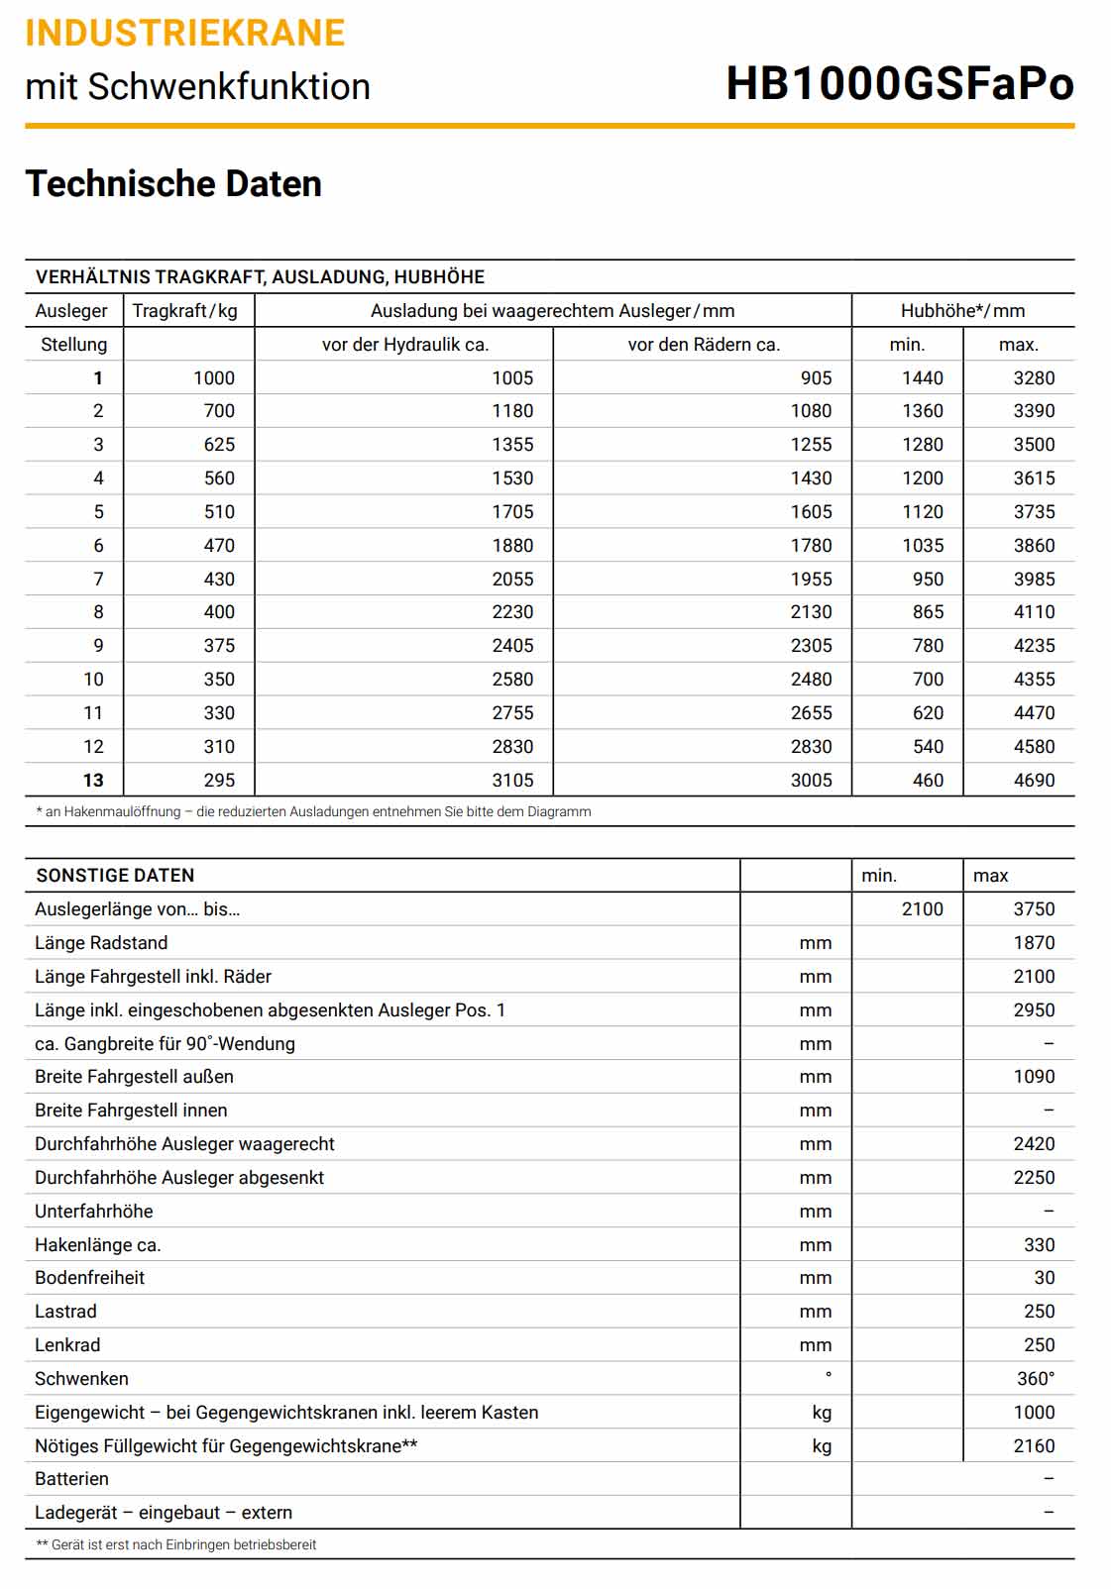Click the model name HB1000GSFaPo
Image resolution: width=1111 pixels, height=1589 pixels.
click(x=899, y=83)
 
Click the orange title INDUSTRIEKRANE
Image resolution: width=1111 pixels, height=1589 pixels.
click(x=185, y=33)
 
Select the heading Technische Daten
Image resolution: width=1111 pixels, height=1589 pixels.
click(x=173, y=184)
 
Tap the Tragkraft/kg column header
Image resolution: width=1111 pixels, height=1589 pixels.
click(x=185, y=311)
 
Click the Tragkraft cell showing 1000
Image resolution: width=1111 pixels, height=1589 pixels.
click(x=214, y=378)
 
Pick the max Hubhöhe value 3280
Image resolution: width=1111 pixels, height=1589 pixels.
click(x=1034, y=378)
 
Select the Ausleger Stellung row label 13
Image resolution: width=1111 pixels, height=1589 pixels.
click(x=93, y=781)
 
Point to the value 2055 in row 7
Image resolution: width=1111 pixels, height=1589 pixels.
click(x=512, y=580)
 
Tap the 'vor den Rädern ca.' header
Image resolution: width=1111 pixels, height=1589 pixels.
click(x=704, y=345)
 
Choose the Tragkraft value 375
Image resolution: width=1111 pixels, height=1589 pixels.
click(x=219, y=646)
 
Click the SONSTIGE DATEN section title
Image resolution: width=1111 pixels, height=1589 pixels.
click(x=115, y=876)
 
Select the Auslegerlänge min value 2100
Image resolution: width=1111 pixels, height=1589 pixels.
click(x=922, y=909)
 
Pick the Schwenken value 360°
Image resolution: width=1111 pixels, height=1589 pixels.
click(x=1036, y=1379)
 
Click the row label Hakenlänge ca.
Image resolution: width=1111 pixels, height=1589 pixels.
click(x=97, y=1245)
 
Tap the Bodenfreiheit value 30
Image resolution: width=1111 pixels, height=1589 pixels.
click(x=1045, y=1278)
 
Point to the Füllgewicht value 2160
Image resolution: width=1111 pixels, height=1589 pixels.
click(x=1034, y=1446)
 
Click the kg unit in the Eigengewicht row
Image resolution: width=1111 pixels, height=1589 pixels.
click(x=822, y=1413)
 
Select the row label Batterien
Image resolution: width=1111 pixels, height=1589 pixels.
click(x=71, y=1479)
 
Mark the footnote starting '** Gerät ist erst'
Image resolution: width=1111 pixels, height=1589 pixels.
click(x=176, y=1544)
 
